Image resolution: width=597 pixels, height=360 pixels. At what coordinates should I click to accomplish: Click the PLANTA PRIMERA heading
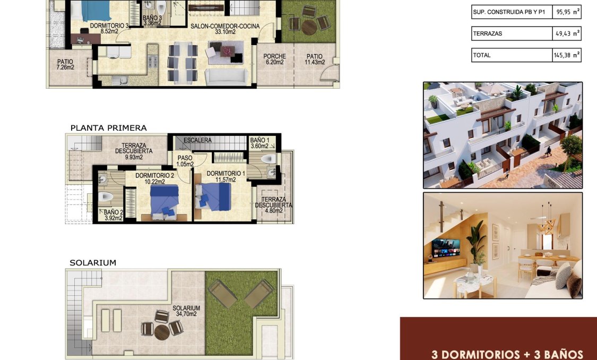point(108,128)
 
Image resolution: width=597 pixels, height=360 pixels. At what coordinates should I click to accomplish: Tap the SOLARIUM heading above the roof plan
point(92,263)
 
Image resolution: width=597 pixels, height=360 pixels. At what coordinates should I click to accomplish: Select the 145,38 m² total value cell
point(567,55)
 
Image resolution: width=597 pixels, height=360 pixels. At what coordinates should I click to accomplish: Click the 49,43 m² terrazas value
point(567,33)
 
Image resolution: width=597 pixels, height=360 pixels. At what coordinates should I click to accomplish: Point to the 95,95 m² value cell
point(567,12)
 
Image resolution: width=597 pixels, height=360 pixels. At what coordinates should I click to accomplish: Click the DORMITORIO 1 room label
point(226,173)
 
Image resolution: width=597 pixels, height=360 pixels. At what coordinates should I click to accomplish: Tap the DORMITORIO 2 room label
point(154,176)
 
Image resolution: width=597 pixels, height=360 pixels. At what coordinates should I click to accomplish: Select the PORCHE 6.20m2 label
point(274,59)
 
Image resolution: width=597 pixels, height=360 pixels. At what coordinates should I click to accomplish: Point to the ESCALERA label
point(197,140)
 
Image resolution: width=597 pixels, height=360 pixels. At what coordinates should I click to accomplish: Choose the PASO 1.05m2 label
point(185,161)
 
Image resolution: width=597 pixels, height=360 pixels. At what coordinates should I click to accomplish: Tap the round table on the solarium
point(162,331)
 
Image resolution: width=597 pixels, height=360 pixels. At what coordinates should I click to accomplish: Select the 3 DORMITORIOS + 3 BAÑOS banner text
point(507,354)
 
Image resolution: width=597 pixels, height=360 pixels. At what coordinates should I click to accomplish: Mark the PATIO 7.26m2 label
point(65,64)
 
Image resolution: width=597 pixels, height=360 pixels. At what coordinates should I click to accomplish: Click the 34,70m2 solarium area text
point(186,314)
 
